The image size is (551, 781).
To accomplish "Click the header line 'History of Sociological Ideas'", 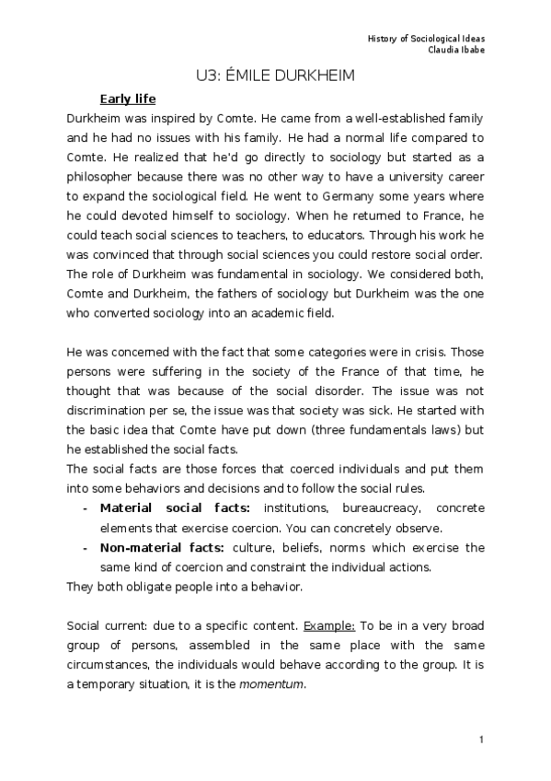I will pos(426,38).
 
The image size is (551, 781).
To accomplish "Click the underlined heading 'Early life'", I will pos(128,99).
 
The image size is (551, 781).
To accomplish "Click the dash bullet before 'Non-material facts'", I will pos(86,547).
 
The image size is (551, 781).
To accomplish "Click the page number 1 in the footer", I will pos(480,740).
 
